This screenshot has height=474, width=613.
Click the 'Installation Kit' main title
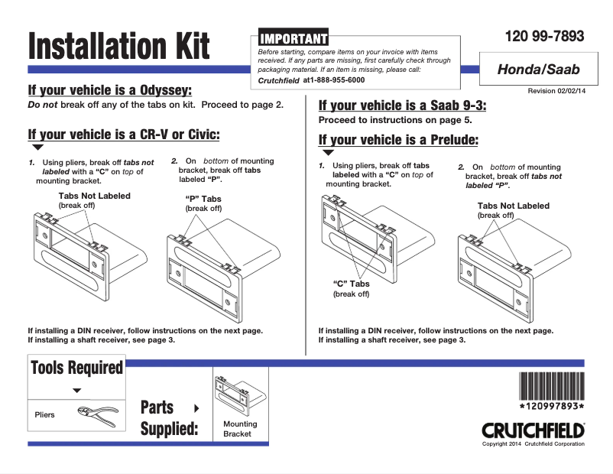pyautogui.click(x=118, y=46)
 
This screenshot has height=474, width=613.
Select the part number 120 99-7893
pyautogui.click(x=544, y=36)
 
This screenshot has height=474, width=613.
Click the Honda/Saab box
pyautogui.click(x=538, y=70)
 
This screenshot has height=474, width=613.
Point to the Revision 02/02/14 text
pyautogui.click(x=556, y=91)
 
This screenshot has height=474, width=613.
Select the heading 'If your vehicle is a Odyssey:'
pyautogui.click(x=109, y=90)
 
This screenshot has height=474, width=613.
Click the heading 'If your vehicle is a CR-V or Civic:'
pyautogui.click(x=124, y=135)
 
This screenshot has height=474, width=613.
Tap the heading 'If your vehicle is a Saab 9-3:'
pyautogui.click(x=402, y=106)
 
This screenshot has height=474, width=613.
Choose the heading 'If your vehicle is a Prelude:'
pyautogui.click(x=398, y=139)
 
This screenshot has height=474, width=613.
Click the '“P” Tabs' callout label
pyautogui.click(x=203, y=198)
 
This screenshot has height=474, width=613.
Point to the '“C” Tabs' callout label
pyautogui.click(x=351, y=284)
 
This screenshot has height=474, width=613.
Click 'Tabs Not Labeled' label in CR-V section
pyautogui.click(x=94, y=196)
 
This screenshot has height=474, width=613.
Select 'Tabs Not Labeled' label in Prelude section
pyautogui.click(x=513, y=206)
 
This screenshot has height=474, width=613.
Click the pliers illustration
pyautogui.click(x=98, y=415)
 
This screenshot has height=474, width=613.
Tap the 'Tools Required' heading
pyautogui.click(x=76, y=368)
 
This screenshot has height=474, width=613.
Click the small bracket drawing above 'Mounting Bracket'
pyautogui.click(x=239, y=393)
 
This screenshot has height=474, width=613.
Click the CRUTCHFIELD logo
pyautogui.click(x=533, y=430)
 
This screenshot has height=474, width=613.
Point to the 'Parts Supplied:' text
pyautogui.click(x=168, y=418)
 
